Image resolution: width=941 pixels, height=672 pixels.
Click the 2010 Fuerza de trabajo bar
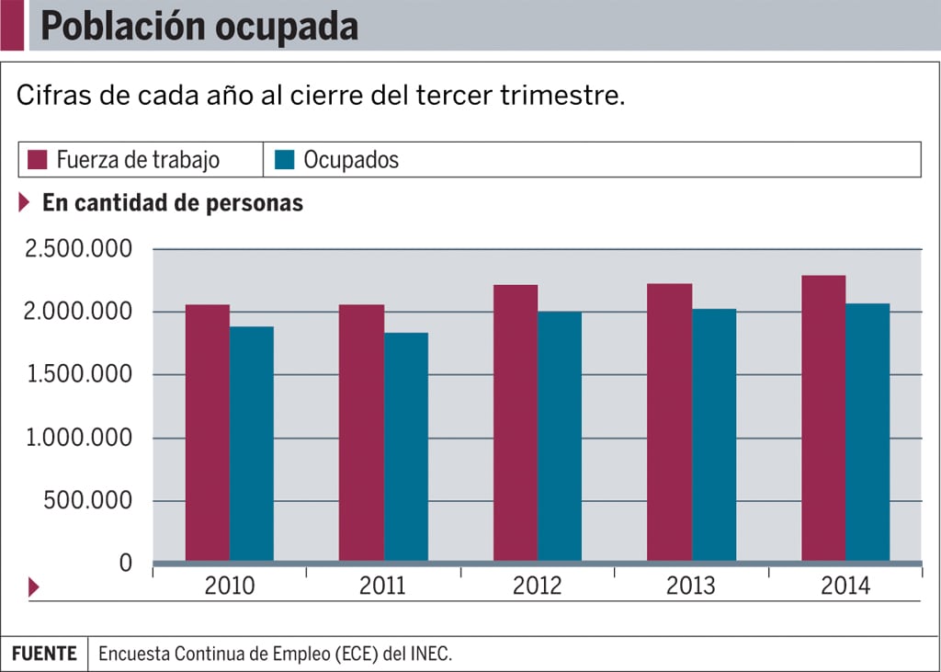coord(208,432)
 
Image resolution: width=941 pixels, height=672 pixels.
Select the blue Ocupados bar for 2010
coord(252,443)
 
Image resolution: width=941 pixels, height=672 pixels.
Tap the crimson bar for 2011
coord(361,432)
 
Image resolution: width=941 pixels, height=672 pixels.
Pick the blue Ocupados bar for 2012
coord(560,436)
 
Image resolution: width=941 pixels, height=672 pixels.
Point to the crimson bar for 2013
coord(670,422)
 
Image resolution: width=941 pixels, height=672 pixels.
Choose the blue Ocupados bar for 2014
coord(867,432)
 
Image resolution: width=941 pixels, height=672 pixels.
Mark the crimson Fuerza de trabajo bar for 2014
coord(823,417)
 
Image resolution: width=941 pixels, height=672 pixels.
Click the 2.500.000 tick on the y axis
coord(79,250)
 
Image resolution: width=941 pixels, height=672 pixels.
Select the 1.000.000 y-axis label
coord(79,439)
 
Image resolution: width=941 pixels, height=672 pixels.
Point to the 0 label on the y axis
coord(127,563)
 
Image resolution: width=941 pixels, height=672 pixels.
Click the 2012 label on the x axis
coord(537,587)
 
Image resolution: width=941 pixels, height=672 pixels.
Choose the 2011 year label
coord(383,587)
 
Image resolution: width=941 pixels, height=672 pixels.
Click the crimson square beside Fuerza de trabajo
coord(37,159)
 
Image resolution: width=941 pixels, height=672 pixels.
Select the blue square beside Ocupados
coord(284,159)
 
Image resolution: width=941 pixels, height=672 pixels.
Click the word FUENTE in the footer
coord(44,654)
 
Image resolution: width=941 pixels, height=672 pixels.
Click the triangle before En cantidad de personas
coord(25,203)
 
